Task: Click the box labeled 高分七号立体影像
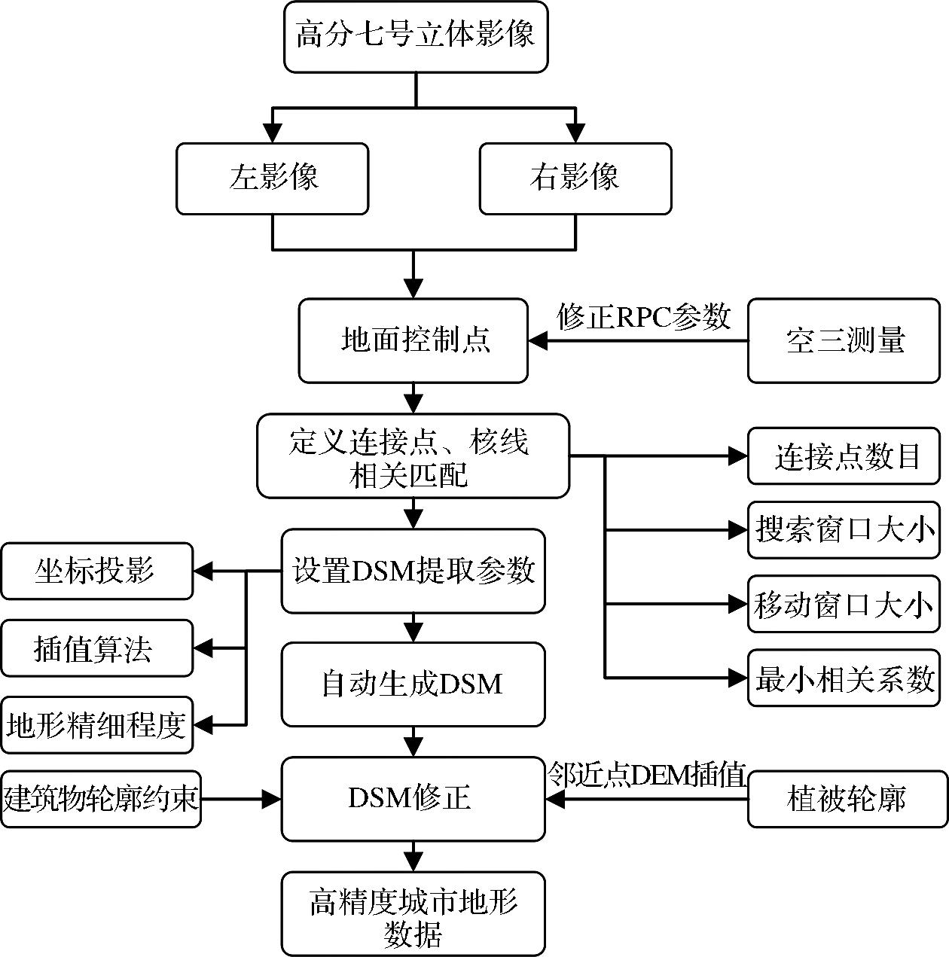point(415,37)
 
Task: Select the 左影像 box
point(273,178)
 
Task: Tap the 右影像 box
point(575,178)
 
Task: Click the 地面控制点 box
point(413,340)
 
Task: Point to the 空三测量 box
point(844,340)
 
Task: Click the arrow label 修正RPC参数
point(644,317)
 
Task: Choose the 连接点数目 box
point(844,456)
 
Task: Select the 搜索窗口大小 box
point(844,530)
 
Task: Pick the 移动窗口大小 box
point(844,604)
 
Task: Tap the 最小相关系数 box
point(844,678)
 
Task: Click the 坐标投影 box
point(96,571)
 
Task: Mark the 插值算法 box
point(96,648)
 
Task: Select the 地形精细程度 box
point(96,725)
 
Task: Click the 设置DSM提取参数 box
point(413,571)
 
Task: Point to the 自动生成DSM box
point(413,684)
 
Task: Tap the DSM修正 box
point(413,798)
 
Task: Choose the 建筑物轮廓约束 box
point(101,798)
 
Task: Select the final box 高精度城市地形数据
point(413,913)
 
